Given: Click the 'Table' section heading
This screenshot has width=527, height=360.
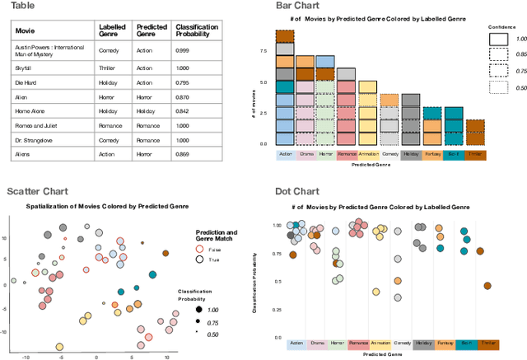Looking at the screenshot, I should pyautogui.click(x=22, y=6).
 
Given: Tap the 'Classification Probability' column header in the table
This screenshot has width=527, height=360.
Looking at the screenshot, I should pyautogui.click(x=197, y=30).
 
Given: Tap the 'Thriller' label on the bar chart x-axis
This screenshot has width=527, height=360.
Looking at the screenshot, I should pyautogui.click(x=475, y=154).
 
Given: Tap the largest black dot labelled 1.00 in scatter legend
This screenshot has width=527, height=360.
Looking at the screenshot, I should pyautogui.click(x=198, y=309).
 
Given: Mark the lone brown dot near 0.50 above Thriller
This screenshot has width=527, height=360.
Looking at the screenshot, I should pyautogui.click(x=487, y=286).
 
